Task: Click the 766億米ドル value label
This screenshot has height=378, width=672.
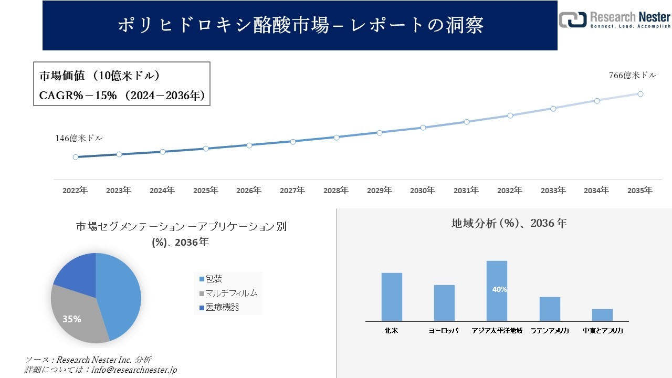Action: tap(632, 75)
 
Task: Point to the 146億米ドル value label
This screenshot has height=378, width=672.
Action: tap(79, 138)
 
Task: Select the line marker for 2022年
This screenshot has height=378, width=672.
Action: tap(76, 157)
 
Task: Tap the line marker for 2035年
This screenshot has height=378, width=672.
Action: tap(640, 94)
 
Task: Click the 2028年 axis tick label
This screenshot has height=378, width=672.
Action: tap(335, 191)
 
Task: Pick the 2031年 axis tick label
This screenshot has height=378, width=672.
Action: tap(466, 191)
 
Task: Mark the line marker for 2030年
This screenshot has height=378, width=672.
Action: tap(423, 128)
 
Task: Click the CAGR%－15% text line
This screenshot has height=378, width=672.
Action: tap(122, 96)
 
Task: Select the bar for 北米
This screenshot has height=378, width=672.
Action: tap(392, 297)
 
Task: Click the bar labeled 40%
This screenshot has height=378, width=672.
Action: tap(497, 290)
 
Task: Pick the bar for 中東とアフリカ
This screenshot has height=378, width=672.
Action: tap(602, 315)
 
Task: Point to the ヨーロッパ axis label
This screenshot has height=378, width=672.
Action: tap(444, 331)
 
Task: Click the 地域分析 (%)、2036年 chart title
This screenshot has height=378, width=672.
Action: tap(509, 223)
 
